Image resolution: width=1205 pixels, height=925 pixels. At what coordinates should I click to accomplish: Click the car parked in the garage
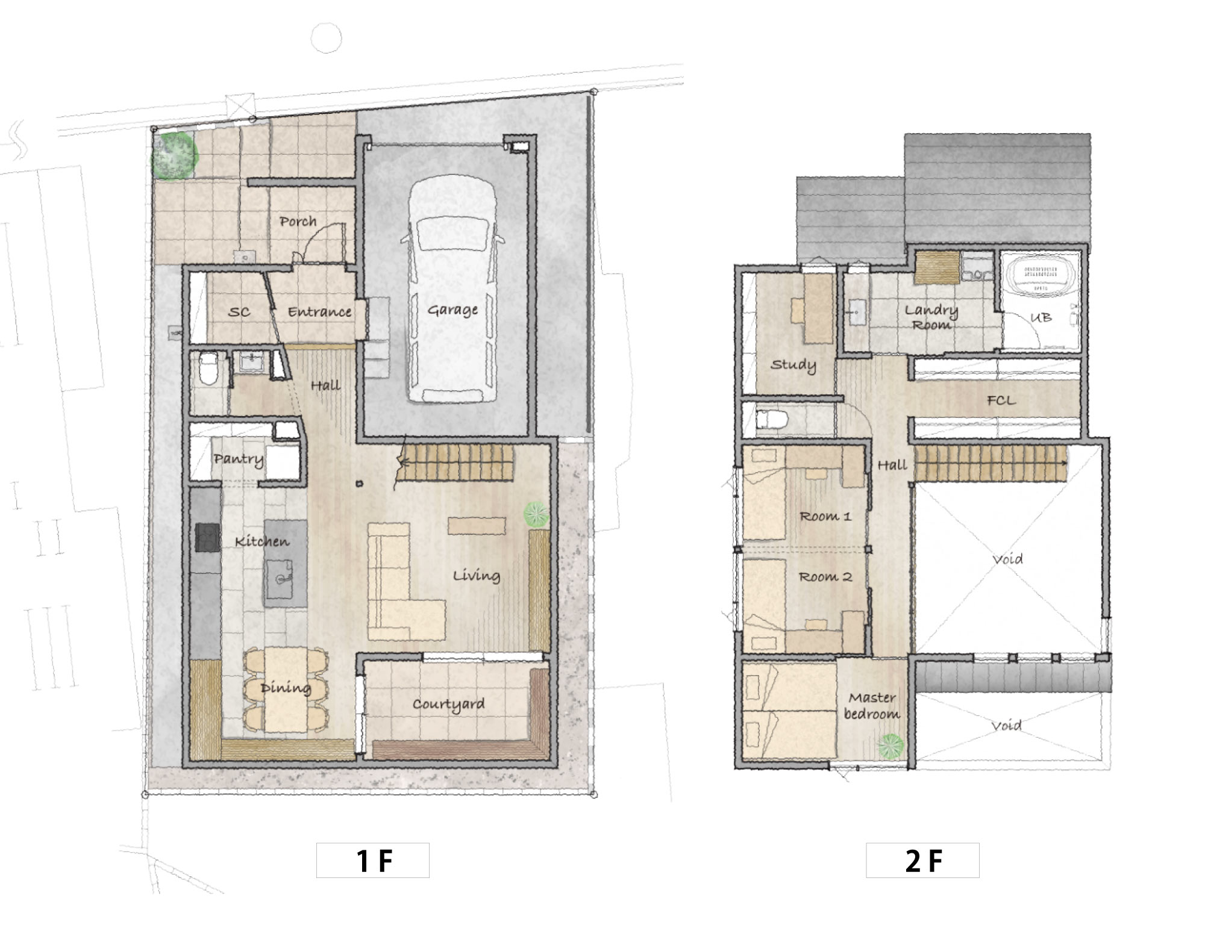[452, 289]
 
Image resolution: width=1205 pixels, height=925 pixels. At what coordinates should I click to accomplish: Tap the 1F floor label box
[373, 860]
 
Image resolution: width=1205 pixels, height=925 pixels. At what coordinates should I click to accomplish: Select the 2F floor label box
[922, 860]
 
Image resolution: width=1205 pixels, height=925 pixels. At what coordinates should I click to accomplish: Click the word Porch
[298, 222]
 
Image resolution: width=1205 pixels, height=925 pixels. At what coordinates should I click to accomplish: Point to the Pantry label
[239, 459]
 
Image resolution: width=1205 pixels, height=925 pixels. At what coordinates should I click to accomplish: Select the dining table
[286, 690]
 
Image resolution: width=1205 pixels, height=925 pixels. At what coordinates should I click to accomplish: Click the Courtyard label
[449, 705]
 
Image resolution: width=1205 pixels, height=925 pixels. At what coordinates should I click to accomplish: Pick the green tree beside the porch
[174, 156]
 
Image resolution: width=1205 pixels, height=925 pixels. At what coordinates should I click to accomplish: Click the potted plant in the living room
[536, 515]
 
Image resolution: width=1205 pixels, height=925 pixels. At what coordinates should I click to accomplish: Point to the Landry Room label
[931, 317]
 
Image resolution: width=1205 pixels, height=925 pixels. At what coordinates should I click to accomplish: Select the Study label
[793, 365]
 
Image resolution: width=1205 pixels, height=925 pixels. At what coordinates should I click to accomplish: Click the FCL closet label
[1001, 400]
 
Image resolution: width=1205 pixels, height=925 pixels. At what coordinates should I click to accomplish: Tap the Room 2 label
[825, 577]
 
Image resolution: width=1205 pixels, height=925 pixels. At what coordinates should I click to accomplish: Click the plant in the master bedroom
[890, 747]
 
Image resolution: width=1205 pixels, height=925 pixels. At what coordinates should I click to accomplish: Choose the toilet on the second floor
[771, 420]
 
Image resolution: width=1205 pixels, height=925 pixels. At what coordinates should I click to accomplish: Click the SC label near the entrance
[239, 312]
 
